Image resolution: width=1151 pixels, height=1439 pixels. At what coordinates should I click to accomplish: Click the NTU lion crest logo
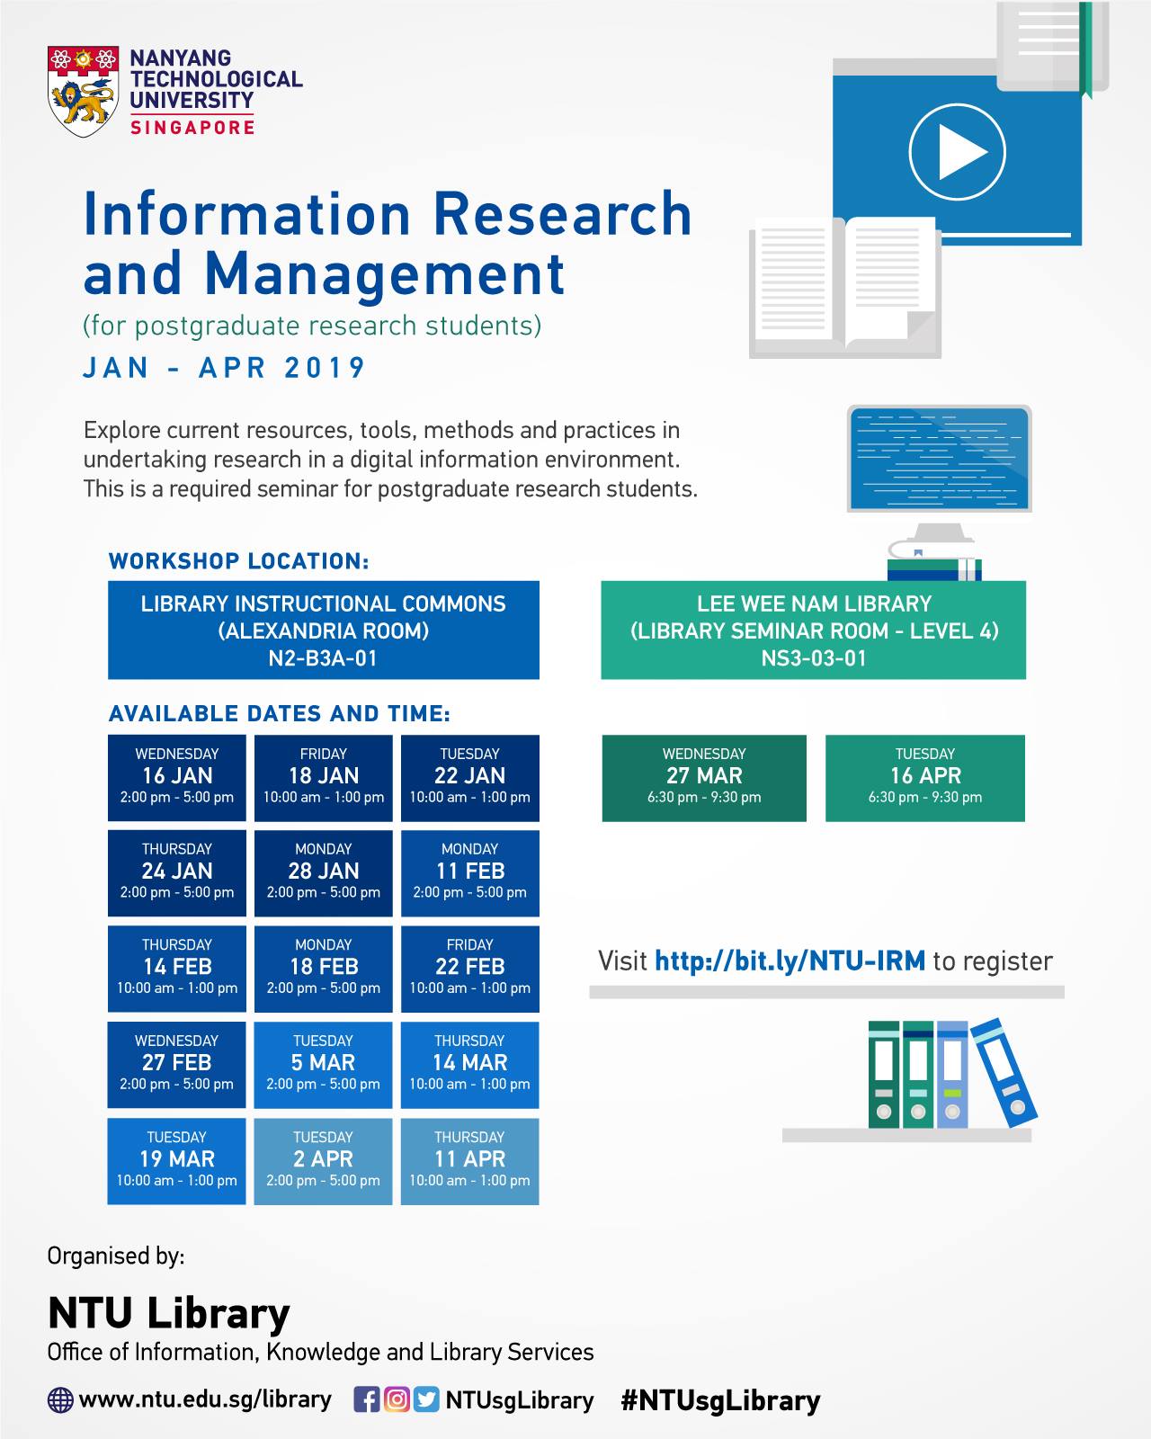coord(83,92)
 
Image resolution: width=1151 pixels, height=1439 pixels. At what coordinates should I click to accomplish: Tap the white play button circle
coord(957,152)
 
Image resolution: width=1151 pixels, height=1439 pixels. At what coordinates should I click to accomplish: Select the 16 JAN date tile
coord(176,778)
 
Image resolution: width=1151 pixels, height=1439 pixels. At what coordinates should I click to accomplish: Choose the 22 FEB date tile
coord(469,969)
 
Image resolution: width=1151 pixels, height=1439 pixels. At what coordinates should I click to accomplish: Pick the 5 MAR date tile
coord(323,1065)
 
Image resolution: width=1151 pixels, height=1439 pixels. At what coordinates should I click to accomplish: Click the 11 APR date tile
coord(469,1161)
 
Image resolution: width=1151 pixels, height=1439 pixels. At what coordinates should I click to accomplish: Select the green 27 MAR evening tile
coord(704,778)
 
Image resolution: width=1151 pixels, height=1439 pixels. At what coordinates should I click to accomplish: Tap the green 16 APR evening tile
coord(925,778)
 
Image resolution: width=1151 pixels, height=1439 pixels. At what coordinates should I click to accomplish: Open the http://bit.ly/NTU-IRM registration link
coord(790,961)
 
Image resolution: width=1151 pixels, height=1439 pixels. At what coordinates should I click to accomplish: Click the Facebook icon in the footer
coord(367,1399)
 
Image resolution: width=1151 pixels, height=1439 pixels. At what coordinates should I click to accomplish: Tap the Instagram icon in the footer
coord(397,1399)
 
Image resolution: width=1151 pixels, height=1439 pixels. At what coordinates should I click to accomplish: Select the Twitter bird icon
coord(426,1399)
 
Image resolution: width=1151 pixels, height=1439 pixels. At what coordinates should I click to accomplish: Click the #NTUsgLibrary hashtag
coord(720,1400)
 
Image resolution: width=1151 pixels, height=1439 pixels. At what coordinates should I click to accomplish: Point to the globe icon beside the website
coord(60,1400)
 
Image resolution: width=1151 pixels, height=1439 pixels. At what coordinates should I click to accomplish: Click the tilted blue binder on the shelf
coord(1004,1073)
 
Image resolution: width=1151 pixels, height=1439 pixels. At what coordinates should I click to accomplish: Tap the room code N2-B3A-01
coord(323,658)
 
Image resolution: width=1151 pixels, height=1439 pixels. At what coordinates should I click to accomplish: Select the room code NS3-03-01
coord(813,658)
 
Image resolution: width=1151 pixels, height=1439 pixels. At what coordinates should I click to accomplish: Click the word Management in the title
coord(385,275)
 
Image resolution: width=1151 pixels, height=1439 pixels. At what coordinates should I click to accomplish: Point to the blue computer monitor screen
coord(939,459)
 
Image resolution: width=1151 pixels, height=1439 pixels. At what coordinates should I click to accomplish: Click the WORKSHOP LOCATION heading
coord(239,561)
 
